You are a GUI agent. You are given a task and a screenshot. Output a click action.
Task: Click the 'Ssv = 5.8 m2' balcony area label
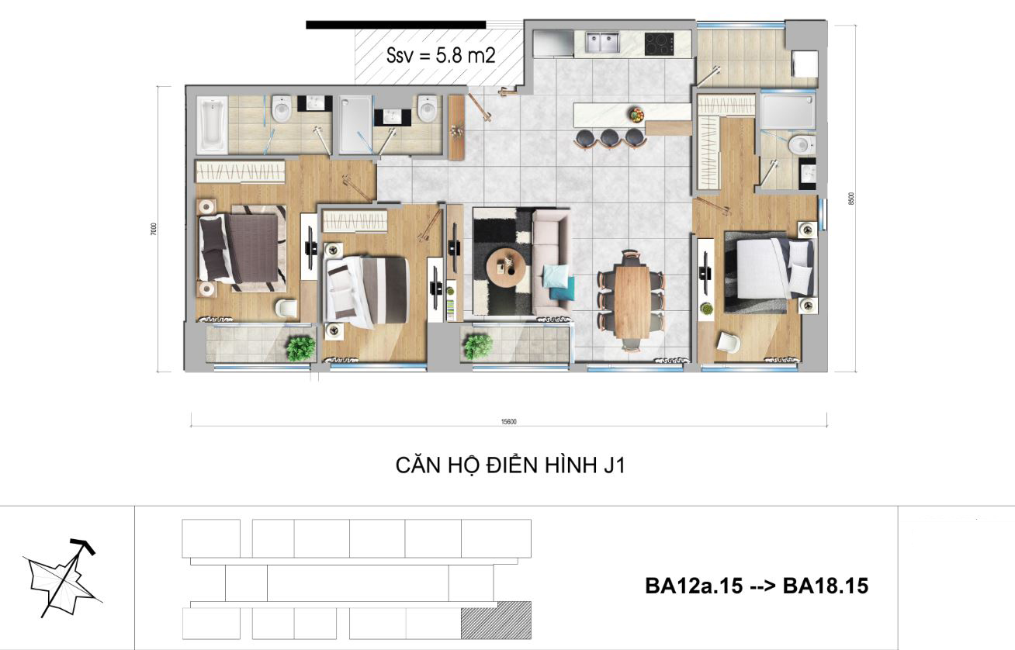coord(441,55)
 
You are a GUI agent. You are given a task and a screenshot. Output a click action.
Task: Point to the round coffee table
coord(506,267)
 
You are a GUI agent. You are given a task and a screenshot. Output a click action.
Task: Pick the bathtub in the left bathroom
coord(212,125)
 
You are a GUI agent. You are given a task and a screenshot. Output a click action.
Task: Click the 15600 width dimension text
coord(509,422)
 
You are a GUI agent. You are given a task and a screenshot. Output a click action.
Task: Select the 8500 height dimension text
coord(851,199)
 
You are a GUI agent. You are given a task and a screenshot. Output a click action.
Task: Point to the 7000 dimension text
coord(154,229)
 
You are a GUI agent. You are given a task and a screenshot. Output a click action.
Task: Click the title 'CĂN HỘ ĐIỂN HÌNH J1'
coord(511,465)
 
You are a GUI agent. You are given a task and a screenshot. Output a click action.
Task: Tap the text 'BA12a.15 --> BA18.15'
coord(757,586)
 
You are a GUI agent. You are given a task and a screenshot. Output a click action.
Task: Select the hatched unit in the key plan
coord(496,620)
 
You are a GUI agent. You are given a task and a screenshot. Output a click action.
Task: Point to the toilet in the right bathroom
coord(800,145)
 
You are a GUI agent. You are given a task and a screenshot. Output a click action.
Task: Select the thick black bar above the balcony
coord(396,25)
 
